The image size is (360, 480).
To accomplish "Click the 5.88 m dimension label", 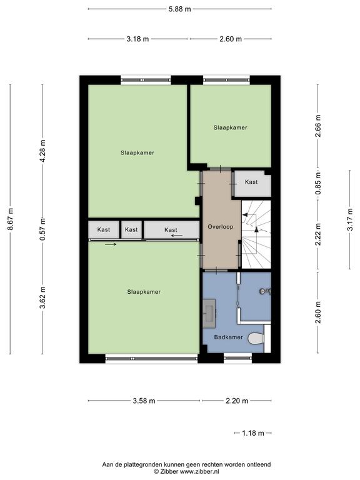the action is tap(180, 9).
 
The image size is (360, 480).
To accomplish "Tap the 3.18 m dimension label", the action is tap(137, 39).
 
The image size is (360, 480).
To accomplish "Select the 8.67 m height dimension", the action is tap(11, 219).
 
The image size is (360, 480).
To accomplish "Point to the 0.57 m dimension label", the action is tap(42, 229).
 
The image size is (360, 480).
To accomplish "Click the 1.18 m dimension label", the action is tap(253, 433).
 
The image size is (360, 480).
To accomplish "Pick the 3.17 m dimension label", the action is tap(350, 219).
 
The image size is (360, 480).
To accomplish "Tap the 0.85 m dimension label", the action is tap(318, 183).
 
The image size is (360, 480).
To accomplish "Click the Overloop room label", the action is tap(221, 227).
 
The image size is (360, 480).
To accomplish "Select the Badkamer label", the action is tap(228, 337).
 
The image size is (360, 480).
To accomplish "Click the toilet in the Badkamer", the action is tap(256, 339).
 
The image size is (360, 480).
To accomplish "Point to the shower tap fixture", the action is tap(265, 291).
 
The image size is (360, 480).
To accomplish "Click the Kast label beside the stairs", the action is tap(251, 182).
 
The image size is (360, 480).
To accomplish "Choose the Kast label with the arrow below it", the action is tap(171, 229).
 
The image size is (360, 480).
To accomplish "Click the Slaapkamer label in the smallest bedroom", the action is tap(231, 127).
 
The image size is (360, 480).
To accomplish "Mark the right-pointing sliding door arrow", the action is tap(111, 244).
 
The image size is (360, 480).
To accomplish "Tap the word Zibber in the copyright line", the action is tap(169, 472).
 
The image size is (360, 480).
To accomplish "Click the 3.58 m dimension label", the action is tap(144, 401).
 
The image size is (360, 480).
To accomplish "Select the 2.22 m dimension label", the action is tap(318, 234).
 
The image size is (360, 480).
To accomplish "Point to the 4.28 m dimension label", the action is tap(42, 151).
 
